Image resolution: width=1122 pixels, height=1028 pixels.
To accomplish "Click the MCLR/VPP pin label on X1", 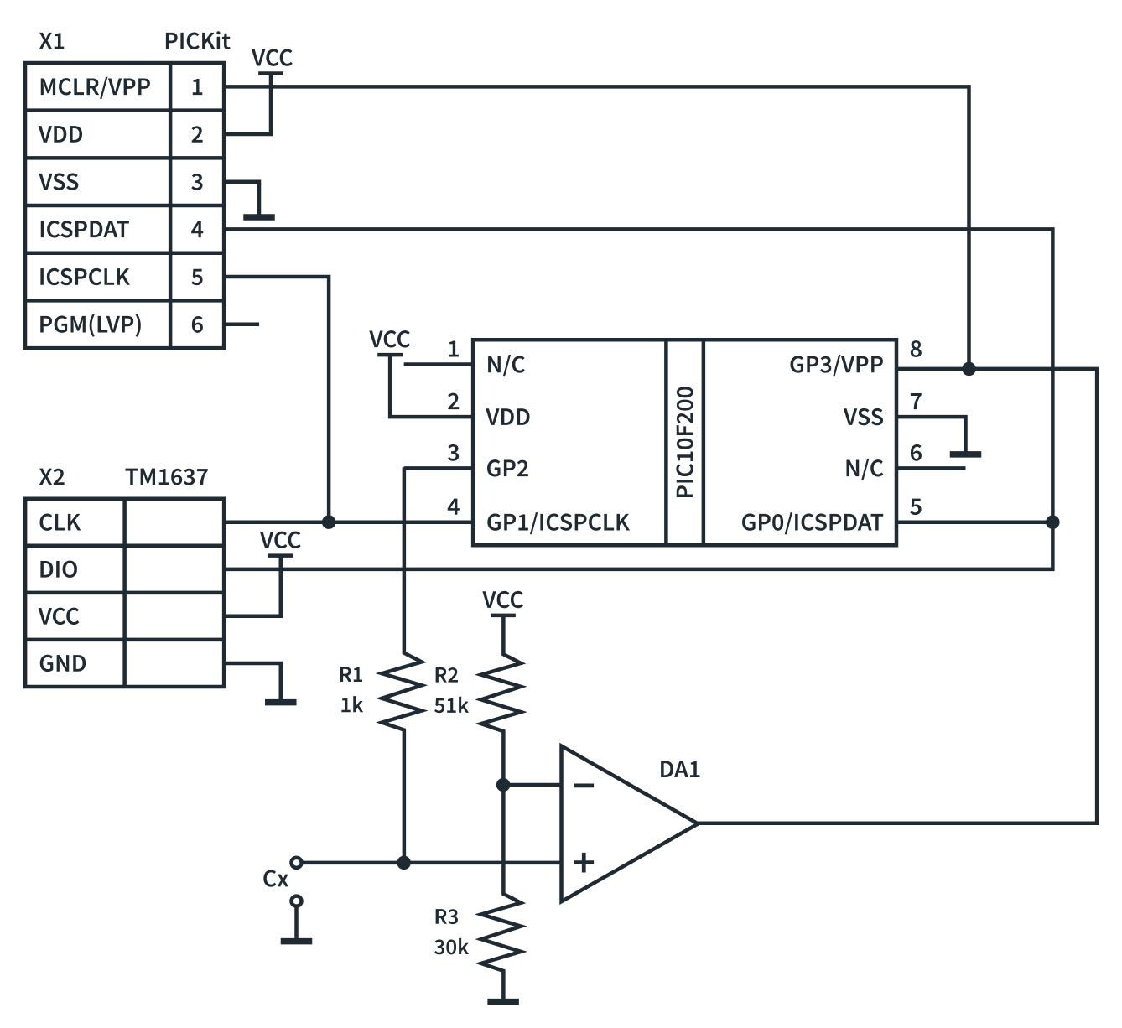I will click(x=95, y=86).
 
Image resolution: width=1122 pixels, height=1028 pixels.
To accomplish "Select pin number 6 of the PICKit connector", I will click(x=197, y=324).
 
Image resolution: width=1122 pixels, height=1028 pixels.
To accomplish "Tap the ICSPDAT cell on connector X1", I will click(x=84, y=229).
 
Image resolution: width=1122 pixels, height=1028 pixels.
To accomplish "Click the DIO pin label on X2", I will click(x=58, y=570).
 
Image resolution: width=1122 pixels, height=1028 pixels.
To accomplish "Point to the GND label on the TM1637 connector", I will click(x=62, y=664).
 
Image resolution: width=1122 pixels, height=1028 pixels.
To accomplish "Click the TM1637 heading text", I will click(x=166, y=477).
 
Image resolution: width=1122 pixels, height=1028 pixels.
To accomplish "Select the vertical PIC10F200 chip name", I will click(x=685, y=442).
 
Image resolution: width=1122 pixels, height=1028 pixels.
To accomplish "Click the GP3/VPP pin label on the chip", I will click(x=836, y=365).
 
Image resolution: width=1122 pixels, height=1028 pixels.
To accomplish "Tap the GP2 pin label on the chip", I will click(x=507, y=469).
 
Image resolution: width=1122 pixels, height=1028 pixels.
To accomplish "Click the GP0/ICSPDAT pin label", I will click(x=812, y=523).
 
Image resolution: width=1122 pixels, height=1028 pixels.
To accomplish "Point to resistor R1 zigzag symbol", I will click(x=404, y=692).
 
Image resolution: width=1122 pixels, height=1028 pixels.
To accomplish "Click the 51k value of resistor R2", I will click(x=451, y=706).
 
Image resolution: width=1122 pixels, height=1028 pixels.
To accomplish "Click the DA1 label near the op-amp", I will click(x=679, y=769).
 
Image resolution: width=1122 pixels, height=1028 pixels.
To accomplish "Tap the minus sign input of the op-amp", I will click(x=584, y=786).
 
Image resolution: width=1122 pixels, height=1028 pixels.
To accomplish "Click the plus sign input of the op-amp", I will click(x=584, y=862).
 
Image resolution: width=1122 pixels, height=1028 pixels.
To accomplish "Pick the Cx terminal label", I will click(x=275, y=879).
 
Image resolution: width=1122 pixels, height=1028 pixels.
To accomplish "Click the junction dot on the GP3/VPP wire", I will click(x=969, y=368).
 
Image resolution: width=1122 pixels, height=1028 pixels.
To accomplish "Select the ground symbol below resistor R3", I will click(x=503, y=999).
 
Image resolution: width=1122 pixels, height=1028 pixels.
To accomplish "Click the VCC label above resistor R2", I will click(x=502, y=600).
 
